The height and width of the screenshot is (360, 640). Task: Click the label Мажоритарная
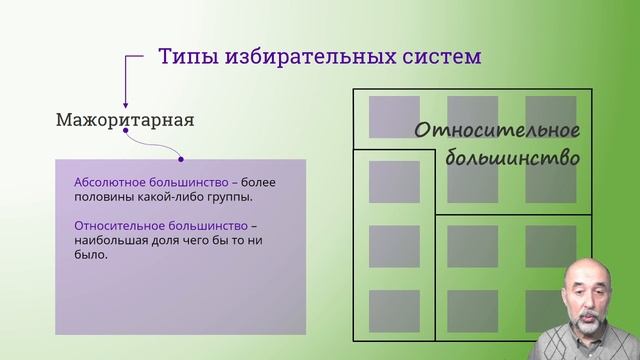pos(125,121)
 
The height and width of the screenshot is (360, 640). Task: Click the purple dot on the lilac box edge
pos(180,158)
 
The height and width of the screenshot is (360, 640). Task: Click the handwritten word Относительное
pos(497,131)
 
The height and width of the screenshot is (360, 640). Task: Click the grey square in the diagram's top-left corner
pos(394,117)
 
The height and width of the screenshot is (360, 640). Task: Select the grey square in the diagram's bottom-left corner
pos(394,310)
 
